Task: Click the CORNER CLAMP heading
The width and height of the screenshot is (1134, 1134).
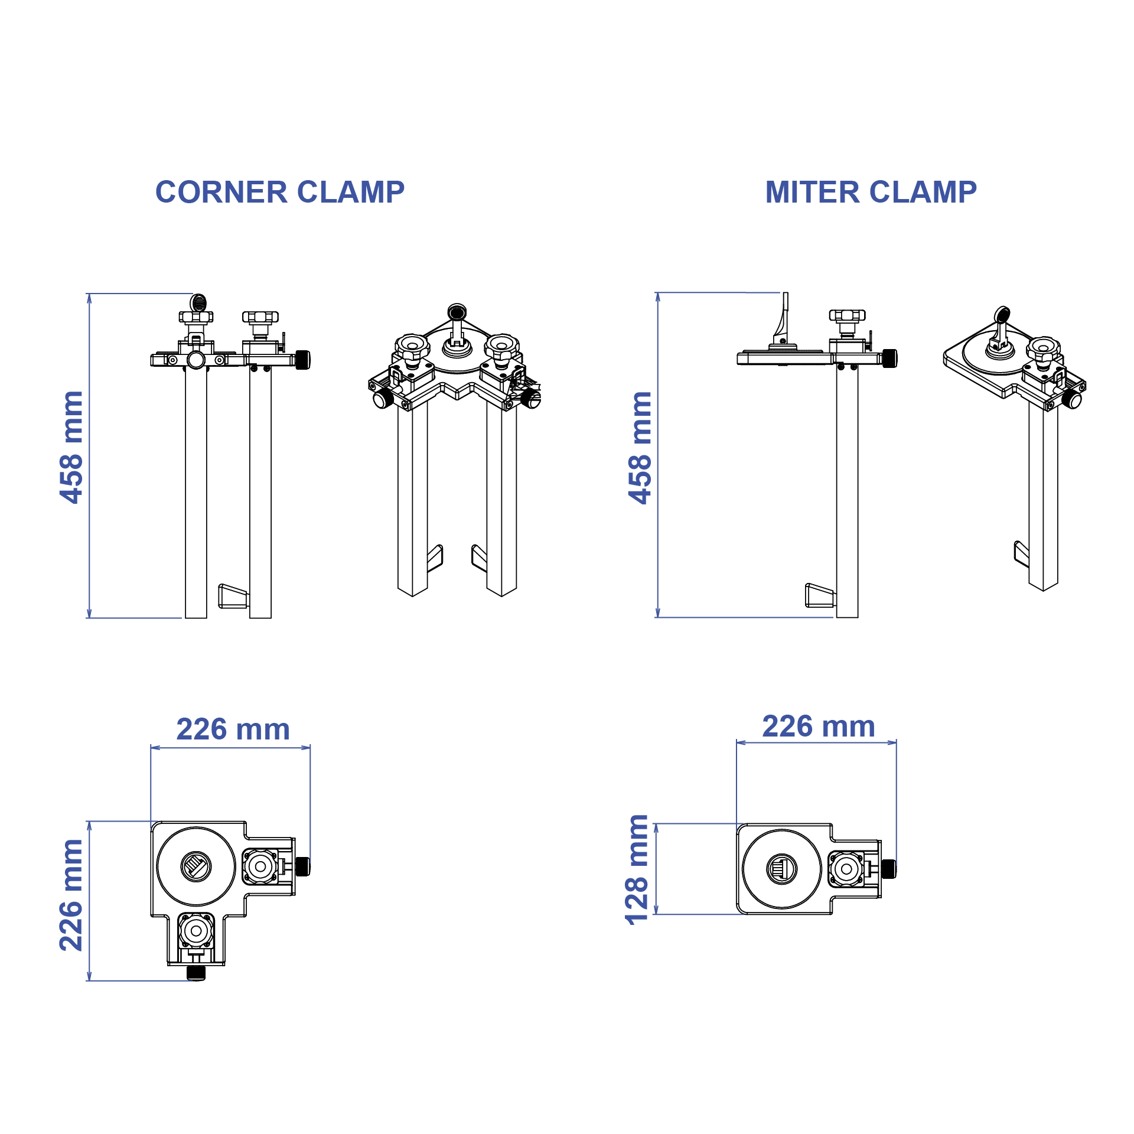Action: point(279,192)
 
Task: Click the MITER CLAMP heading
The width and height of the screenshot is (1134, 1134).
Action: point(871,192)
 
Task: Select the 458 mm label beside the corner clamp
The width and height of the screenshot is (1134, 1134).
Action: point(71,447)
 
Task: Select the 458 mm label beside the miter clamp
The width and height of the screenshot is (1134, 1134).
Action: point(640,447)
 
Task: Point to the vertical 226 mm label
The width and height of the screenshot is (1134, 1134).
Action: point(71,895)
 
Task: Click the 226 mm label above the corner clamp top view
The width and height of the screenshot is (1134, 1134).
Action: point(233,729)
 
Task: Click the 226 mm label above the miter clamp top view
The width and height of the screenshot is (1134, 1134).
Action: point(819,726)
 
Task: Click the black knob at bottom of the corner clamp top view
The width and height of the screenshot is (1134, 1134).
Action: point(196,972)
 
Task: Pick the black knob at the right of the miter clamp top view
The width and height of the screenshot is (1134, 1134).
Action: point(888,868)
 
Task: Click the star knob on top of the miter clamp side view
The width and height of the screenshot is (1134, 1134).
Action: point(846,315)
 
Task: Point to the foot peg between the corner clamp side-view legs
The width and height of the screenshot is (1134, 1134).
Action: point(233,596)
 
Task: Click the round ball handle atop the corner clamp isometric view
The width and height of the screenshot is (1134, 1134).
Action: point(457,311)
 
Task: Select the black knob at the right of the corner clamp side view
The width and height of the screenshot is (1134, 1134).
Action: point(302,360)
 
